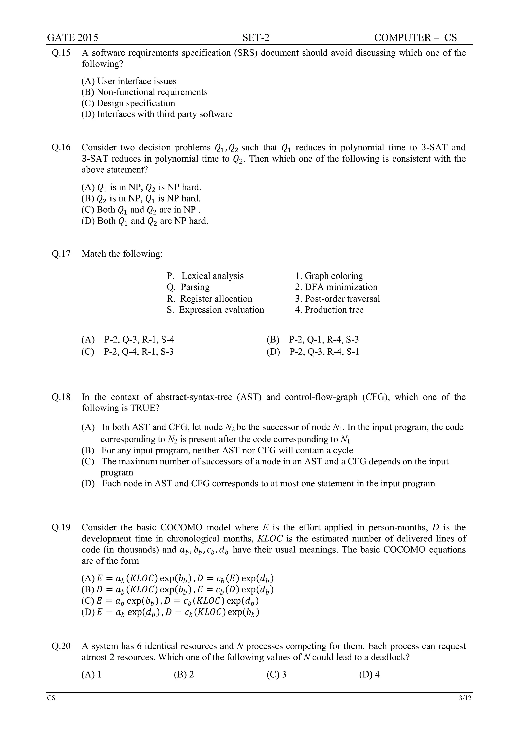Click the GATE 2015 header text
click(x=72, y=38)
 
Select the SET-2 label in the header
click(x=256, y=38)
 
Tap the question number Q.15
click(x=61, y=53)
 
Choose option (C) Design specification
click(x=128, y=103)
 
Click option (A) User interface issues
click(x=129, y=81)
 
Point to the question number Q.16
click(x=61, y=148)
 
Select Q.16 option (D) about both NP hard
click(x=144, y=221)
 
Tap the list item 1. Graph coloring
click(x=329, y=276)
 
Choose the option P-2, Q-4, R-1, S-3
click(x=127, y=352)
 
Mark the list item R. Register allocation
click(x=209, y=299)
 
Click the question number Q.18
click(x=61, y=397)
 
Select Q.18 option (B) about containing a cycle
click(x=217, y=450)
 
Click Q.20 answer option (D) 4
click(x=369, y=675)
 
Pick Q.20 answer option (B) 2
click(x=184, y=675)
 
